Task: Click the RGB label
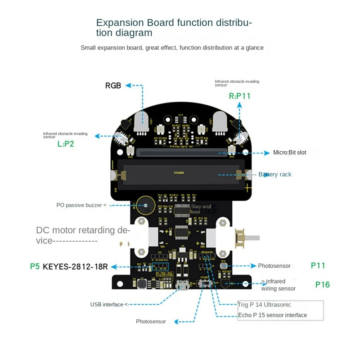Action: tap(113, 85)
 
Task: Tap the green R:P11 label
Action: tap(239, 95)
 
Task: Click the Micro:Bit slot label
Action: tap(289, 153)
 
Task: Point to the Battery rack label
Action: tap(274, 175)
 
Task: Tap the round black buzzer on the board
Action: tap(145, 206)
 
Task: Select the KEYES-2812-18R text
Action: tap(75, 266)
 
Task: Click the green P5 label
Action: tap(35, 266)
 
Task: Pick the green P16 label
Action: tap(322, 284)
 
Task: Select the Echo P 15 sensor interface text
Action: tap(272, 315)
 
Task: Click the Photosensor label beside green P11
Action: tap(274, 266)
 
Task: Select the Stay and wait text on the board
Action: tap(201, 209)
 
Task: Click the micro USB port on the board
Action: tap(183, 285)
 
